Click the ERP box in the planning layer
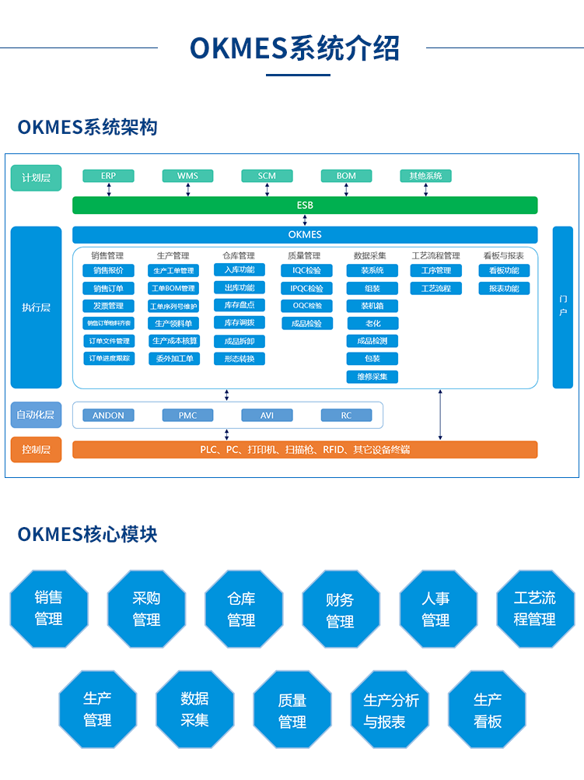pos(108,176)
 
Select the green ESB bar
pos(305,206)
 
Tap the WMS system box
pos(187,176)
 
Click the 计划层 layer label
pos(36,177)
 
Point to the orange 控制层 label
pos(36,449)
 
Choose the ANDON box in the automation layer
pos(108,416)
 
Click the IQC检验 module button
pos(306,271)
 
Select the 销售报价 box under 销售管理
pos(108,271)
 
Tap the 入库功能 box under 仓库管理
pos(240,270)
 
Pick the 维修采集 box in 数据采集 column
pos(372,377)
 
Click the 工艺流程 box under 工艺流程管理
pos(436,289)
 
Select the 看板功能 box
pos(504,271)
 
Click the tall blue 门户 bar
pos(563,307)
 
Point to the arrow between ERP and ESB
pos(109,190)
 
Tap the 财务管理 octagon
pos(341,610)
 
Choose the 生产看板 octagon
pos(487,710)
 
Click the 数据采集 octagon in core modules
pos(194,709)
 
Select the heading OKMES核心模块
pos(87,534)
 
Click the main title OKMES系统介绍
pos(294,47)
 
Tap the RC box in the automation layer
pos(346,416)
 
